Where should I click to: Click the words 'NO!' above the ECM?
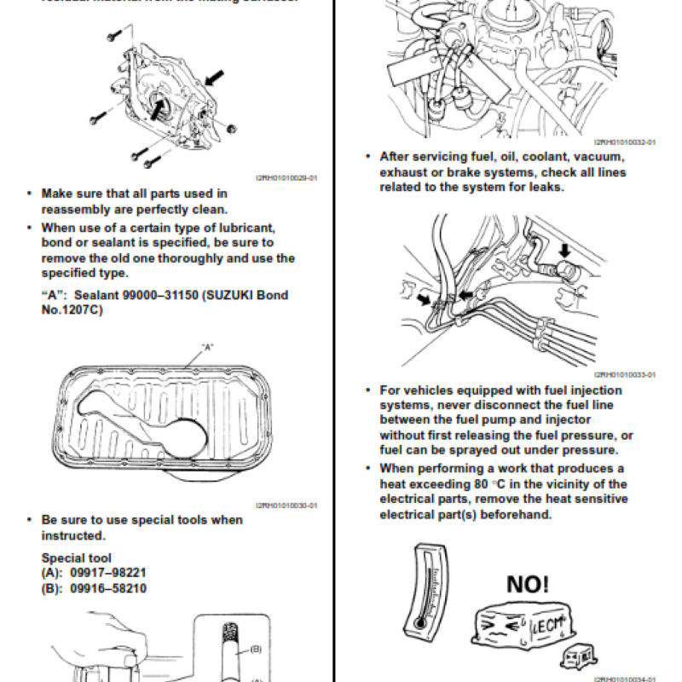pyautogui.click(x=528, y=584)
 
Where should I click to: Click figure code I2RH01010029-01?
pyautogui.click(x=286, y=178)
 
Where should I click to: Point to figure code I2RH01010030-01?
pyautogui.click(x=286, y=505)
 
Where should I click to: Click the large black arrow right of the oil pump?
pyautogui.click(x=218, y=78)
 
